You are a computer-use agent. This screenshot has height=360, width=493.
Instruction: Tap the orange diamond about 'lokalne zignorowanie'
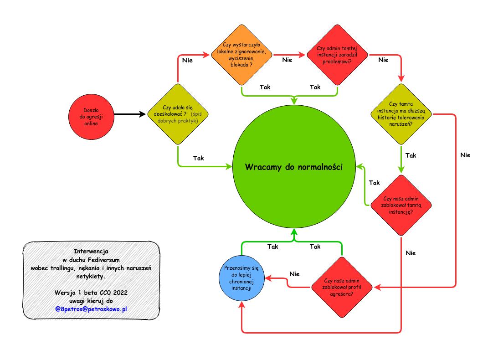point(241,55)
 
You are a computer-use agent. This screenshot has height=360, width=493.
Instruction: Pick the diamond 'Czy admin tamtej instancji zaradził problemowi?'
point(337,55)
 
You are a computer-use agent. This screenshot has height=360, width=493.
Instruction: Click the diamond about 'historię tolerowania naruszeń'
point(401,114)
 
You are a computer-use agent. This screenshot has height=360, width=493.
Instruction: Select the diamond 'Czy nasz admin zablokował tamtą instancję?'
point(401,205)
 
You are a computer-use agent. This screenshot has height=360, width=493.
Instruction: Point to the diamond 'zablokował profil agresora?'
point(342,287)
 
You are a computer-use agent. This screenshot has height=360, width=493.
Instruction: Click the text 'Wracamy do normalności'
point(293,167)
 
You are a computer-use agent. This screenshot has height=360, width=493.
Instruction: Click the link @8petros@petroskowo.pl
point(91,309)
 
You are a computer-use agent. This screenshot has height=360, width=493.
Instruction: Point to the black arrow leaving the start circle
point(130,114)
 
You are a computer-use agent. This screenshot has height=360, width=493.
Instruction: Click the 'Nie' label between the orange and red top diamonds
point(287,60)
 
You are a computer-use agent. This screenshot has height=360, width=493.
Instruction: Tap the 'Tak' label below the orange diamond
point(265,87)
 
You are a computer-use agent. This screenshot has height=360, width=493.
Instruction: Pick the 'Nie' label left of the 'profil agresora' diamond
point(294,274)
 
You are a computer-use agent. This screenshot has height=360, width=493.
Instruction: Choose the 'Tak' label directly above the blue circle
point(273,247)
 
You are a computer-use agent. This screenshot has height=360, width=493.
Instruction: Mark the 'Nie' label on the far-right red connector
point(465,155)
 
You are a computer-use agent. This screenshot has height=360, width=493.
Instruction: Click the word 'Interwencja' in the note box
point(91,252)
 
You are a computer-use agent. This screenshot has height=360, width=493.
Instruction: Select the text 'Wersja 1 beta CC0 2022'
point(91,292)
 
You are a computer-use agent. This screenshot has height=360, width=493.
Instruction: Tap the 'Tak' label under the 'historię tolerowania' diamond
point(411,155)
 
